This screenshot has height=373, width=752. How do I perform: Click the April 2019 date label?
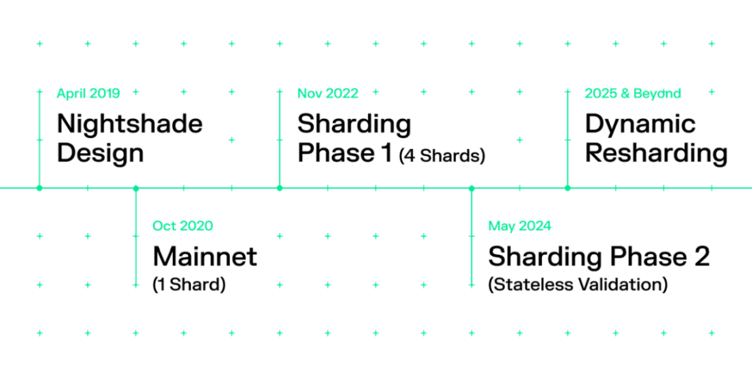[89, 93]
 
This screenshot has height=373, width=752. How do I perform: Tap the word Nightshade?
[130, 124]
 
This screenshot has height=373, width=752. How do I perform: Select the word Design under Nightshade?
[100, 155]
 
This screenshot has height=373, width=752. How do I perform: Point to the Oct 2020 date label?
[183, 225]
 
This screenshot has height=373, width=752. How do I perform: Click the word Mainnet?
[204, 258]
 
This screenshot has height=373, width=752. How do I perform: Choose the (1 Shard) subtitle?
[189, 284]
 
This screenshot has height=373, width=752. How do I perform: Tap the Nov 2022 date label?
[327, 93]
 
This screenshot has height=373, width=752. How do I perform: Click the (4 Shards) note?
[442, 156]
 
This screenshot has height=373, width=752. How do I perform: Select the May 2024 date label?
[520, 226]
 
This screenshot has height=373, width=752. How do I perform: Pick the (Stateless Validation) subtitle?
[578, 284]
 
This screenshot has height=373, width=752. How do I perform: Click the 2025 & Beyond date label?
[633, 93]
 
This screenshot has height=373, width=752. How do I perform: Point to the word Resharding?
[657, 155]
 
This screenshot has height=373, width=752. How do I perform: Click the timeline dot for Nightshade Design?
[39, 188]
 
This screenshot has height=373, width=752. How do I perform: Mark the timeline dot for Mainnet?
[136, 188]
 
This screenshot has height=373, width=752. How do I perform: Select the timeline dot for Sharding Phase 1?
[280, 188]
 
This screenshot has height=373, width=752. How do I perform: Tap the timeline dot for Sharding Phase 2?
[471, 188]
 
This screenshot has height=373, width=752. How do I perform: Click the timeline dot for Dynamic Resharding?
[568, 188]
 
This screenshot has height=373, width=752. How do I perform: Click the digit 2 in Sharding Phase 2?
[702, 258]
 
